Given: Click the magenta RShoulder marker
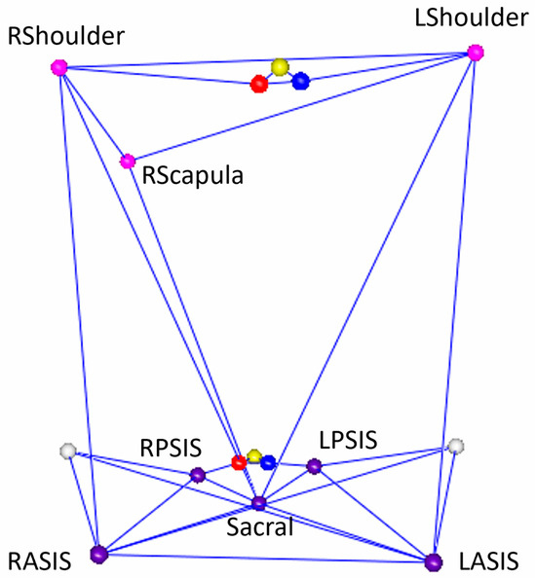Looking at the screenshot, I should pos(57,67).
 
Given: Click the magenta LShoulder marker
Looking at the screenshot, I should pos(475,53).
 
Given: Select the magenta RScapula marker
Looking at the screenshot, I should pos(127,161).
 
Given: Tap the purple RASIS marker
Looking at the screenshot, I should pos(97,555).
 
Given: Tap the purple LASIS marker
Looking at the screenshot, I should pos(434,560).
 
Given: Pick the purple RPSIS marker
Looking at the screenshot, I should pos(198,475).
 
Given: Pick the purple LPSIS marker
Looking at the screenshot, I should pos(314,466).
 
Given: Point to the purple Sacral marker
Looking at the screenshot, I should pos(258,503).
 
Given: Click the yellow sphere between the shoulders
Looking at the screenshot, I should pos(281,67).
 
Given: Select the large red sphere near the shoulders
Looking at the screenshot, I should pos(259,84).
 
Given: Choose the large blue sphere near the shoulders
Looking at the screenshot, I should pos(300,81).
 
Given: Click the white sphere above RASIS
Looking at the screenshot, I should pos(67,451).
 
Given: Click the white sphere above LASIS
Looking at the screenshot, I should pos(455,446).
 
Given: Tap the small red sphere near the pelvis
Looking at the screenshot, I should pos(238,461).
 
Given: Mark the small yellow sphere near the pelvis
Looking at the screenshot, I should pos(253,455).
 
